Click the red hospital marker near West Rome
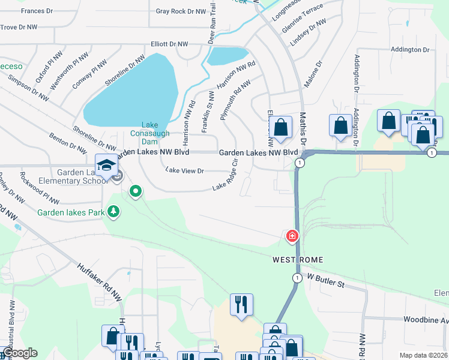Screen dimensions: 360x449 292,236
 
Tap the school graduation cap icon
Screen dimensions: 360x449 106,164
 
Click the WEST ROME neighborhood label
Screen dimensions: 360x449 298,260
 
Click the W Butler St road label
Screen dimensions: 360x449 326,280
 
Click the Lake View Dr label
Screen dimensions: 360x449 185,171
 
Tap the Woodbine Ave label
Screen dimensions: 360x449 426,320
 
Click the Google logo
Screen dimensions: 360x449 19,353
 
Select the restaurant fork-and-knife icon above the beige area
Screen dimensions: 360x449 241,304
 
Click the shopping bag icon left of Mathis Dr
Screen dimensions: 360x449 280,127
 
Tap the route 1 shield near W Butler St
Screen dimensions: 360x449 297,278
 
